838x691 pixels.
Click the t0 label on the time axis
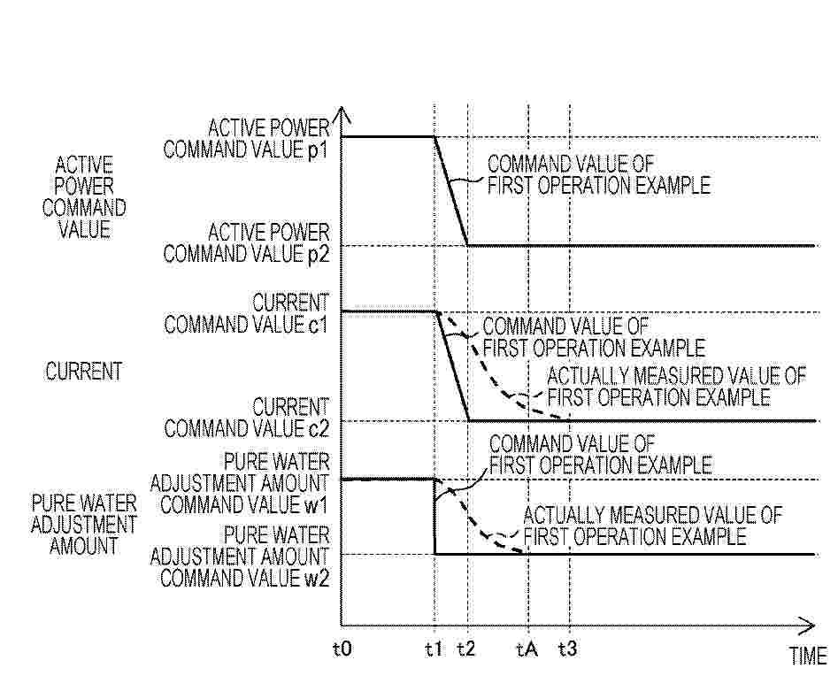pyautogui.click(x=342, y=649)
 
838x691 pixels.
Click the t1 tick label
pyautogui.click(x=434, y=649)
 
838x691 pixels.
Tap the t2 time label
pyautogui.click(x=466, y=649)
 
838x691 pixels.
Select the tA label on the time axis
pyautogui.click(x=527, y=649)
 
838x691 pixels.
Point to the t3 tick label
pyautogui.click(x=568, y=649)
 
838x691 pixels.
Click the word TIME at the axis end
pyautogui.click(x=809, y=656)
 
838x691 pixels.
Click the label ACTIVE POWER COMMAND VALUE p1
pyautogui.click(x=247, y=139)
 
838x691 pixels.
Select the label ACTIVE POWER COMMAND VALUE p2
pyautogui.click(x=247, y=243)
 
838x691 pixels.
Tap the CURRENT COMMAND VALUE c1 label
pyautogui.click(x=246, y=314)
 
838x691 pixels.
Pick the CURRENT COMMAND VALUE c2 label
pyautogui.click(x=246, y=418)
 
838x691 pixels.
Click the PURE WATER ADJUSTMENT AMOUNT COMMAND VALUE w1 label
pyautogui.click(x=240, y=483)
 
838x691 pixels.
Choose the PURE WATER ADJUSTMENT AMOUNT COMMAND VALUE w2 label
pyautogui.click(x=240, y=557)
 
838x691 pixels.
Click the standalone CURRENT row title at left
pyautogui.click(x=84, y=372)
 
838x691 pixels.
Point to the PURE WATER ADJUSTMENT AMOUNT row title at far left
pyautogui.click(x=84, y=525)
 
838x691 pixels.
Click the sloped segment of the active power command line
pyautogui.click(x=450, y=191)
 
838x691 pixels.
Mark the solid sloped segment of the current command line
pyautogui.click(x=453, y=366)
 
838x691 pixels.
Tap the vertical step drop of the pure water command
pyautogui.click(x=434, y=517)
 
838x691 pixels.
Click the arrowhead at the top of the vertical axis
pyautogui.click(x=342, y=114)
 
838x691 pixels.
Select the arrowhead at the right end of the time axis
pyautogui.click(x=806, y=626)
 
